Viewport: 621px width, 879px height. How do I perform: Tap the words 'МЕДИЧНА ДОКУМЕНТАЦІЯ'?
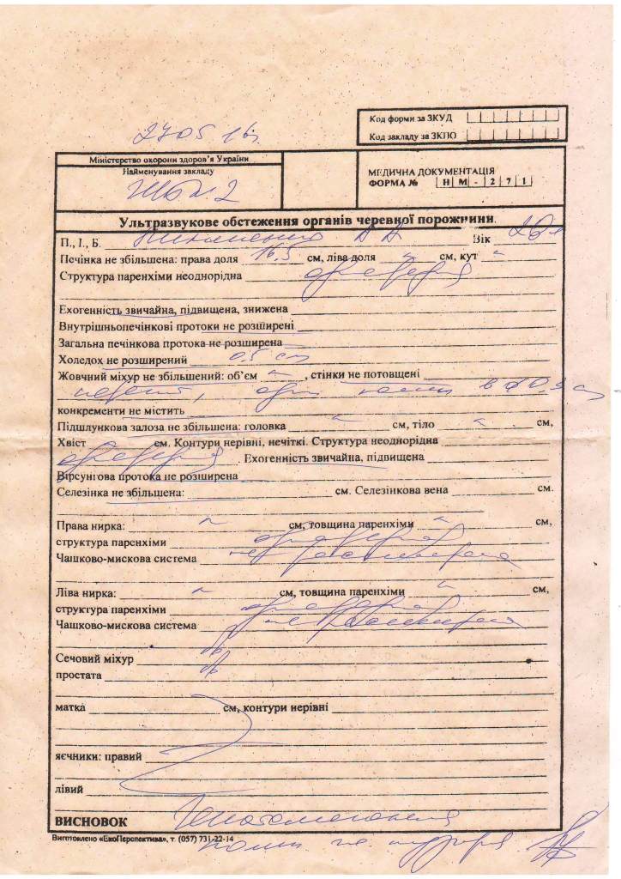pyautogui.click(x=431, y=172)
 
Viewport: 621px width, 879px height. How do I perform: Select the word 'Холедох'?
pyautogui.click(x=81, y=361)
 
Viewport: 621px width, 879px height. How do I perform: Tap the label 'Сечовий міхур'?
pyautogui.click(x=93, y=660)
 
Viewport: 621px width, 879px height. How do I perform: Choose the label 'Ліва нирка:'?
pyautogui.click(x=85, y=592)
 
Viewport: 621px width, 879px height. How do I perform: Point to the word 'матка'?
pyautogui.click(x=69, y=709)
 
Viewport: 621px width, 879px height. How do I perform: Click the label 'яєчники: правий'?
pyautogui.click(x=99, y=757)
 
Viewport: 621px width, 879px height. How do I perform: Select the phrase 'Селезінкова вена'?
pyautogui.click(x=396, y=493)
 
